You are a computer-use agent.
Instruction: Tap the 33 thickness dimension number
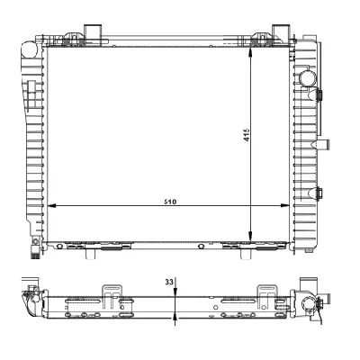coord(168,282)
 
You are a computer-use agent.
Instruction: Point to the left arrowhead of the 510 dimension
coord(49,207)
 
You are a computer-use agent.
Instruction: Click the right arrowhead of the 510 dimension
coord(247,207)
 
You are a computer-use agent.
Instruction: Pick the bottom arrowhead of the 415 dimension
coord(252,239)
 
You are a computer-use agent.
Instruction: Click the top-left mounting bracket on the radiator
coord(93,34)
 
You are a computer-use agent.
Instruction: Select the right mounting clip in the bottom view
coord(266,294)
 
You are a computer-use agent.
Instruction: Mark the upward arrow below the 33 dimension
coord(176,315)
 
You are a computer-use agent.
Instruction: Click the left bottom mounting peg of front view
coord(89,253)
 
